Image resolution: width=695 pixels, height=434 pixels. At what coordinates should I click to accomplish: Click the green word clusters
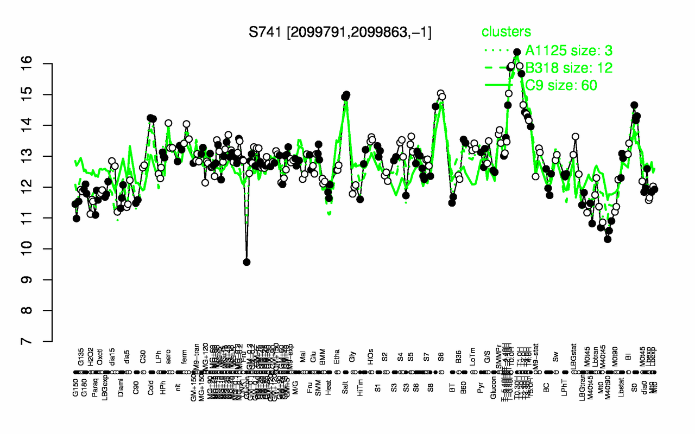[x=507, y=32]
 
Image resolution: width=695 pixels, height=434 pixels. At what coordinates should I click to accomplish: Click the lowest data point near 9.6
[x=247, y=262]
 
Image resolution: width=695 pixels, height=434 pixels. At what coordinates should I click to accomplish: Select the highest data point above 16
[x=517, y=52]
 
